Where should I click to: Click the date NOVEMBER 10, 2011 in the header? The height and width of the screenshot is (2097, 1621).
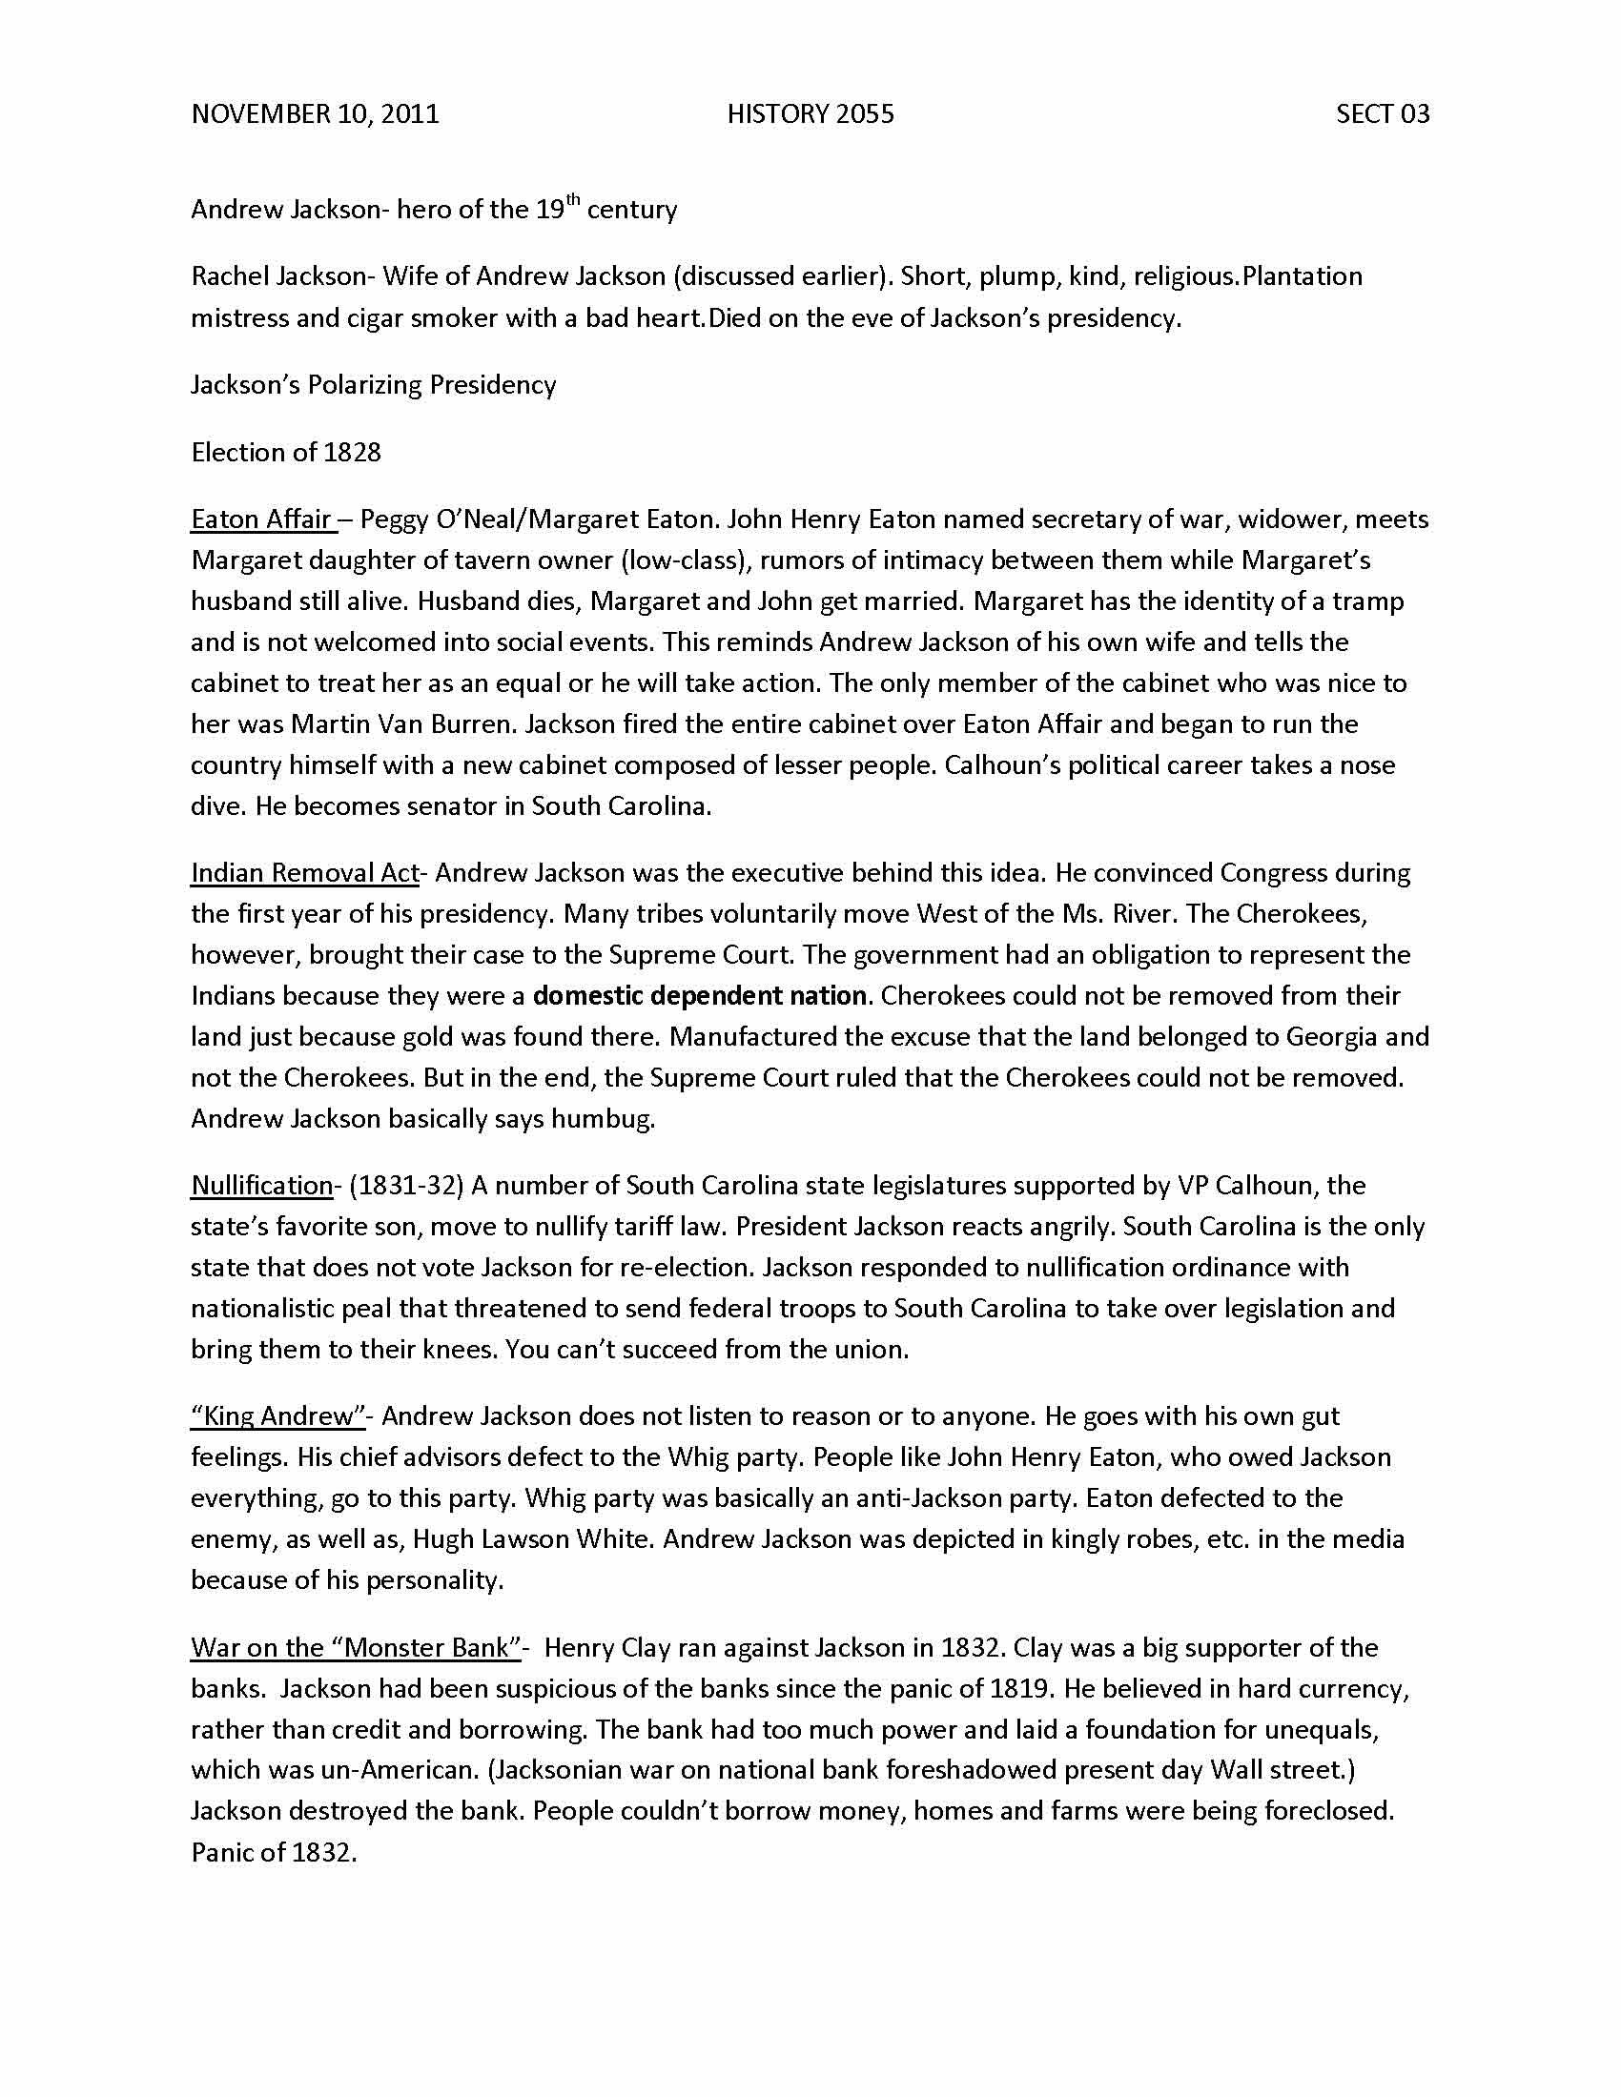(315, 114)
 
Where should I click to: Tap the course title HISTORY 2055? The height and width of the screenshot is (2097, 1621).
(810, 114)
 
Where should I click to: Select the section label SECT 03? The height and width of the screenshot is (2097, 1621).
(1382, 114)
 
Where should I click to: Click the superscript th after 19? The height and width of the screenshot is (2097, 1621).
(572, 200)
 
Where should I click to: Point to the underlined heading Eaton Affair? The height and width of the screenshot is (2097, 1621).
(261, 519)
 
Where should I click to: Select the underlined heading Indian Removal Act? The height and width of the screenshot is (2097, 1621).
(304, 873)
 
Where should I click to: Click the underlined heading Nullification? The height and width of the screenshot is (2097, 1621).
(261, 1186)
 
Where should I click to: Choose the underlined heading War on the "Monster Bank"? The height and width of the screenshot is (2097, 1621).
(356, 1648)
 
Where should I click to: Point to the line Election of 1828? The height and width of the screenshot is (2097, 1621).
(286, 452)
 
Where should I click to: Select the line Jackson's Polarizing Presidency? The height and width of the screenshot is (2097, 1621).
(374, 385)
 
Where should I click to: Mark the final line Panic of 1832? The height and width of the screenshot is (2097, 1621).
(274, 1852)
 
